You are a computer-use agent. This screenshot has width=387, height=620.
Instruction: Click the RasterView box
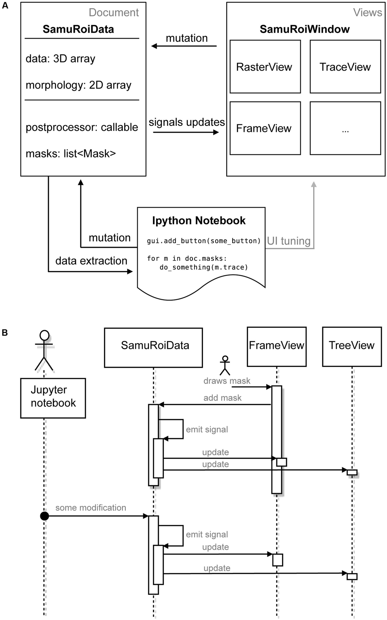(x=265, y=67)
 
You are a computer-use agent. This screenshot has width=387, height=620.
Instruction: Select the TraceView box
(x=345, y=67)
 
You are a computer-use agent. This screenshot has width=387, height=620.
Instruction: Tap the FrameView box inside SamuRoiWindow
(x=265, y=128)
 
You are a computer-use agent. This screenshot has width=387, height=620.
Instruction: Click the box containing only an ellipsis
(x=345, y=128)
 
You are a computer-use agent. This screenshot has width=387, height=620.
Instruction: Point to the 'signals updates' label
(x=186, y=122)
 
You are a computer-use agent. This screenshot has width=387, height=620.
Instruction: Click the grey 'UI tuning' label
(x=289, y=241)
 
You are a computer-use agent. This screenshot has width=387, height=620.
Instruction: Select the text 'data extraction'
(x=91, y=261)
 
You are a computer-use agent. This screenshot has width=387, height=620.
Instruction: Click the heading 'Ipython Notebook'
(x=199, y=221)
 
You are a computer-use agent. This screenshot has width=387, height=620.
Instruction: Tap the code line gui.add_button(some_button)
(x=203, y=241)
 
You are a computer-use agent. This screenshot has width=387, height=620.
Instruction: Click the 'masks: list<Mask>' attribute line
(x=71, y=153)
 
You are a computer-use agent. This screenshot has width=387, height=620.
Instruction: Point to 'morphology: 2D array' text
(x=78, y=85)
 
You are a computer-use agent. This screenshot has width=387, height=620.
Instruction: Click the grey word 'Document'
(x=114, y=13)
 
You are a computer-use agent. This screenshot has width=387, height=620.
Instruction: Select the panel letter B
(x=5, y=332)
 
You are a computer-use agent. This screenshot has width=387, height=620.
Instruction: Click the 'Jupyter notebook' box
(x=53, y=398)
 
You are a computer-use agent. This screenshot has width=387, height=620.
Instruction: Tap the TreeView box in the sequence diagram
(x=352, y=347)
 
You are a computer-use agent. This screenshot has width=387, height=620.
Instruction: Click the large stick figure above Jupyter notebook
(x=44, y=350)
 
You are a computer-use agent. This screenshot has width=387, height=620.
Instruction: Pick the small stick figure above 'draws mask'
(x=225, y=365)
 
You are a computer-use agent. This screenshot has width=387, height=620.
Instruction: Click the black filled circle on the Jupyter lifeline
(x=45, y=516)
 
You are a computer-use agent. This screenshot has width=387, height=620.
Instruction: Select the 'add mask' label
(x=222, y=398)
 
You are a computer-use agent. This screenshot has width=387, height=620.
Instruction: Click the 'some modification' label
(x=91, y=508)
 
